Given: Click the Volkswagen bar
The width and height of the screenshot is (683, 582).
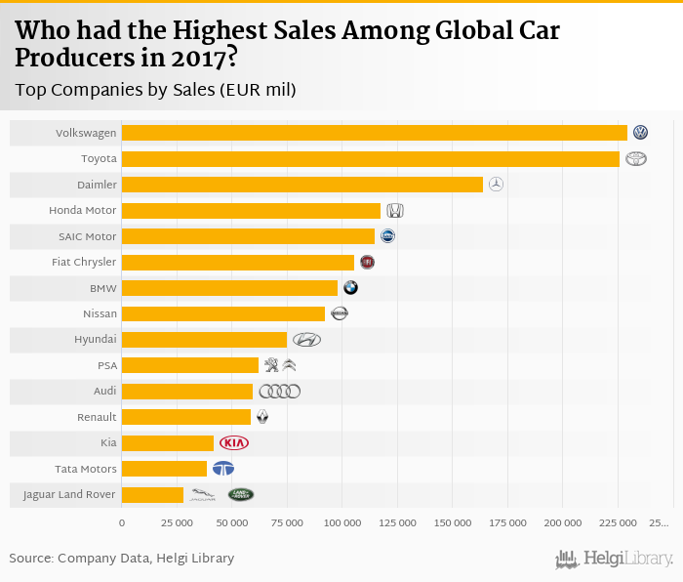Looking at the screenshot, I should [x=374, y=133].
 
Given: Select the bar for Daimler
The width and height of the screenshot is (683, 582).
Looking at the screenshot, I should [x=301, y=185].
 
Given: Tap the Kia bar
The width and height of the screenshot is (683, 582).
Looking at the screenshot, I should [x=167, y=443].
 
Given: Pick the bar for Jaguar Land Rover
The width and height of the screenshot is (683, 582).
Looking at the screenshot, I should [x=152, y=495].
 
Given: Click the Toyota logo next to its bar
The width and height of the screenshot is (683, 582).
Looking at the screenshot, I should [x=636, y=159].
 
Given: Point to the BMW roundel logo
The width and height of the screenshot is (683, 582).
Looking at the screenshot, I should [x=350, y=287].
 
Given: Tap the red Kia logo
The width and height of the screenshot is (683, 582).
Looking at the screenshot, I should [x=234, y=443].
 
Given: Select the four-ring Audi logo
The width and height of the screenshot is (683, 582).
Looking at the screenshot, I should [x=280, y=392].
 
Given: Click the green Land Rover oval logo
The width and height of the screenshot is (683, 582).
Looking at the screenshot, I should [x=240, y=495].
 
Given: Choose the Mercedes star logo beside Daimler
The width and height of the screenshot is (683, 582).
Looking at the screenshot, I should [x=496, y=185].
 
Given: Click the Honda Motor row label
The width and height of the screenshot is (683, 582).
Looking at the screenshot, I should [x=82, y=210].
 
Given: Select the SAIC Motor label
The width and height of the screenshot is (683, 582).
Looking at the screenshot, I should [x=87, y=236].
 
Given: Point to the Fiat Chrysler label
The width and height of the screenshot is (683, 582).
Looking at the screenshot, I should [x=83, y=262].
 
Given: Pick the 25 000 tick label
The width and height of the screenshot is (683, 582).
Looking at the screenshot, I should [x=177, y=523].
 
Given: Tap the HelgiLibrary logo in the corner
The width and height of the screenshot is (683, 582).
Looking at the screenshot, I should [x=615, y=559].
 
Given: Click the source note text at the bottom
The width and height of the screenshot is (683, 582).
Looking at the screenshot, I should [x=122, y=559].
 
